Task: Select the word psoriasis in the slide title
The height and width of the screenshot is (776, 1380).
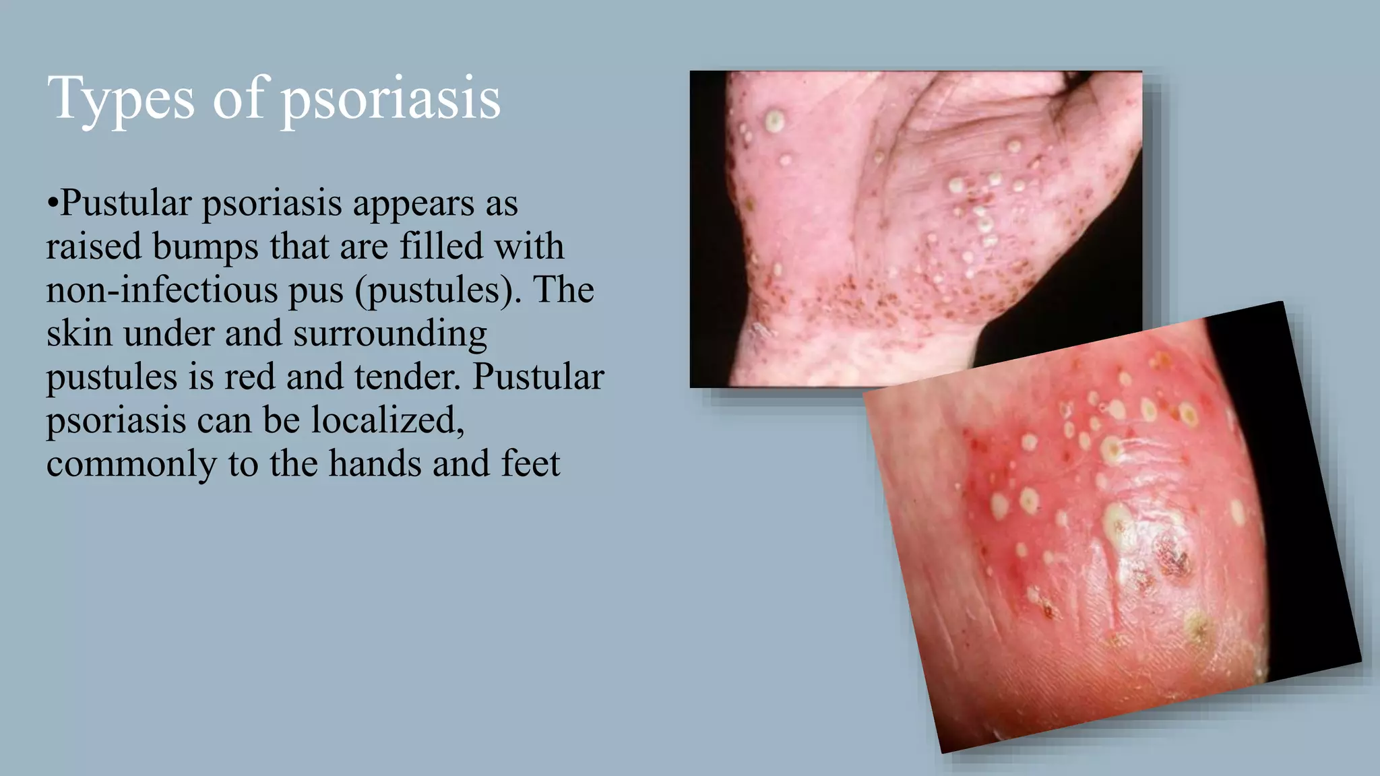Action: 390,100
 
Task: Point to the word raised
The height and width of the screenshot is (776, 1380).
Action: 94,247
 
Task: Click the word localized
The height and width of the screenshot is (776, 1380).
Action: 387,420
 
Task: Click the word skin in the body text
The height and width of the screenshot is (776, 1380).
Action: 79,333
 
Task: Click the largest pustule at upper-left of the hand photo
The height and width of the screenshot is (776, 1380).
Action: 774,121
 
